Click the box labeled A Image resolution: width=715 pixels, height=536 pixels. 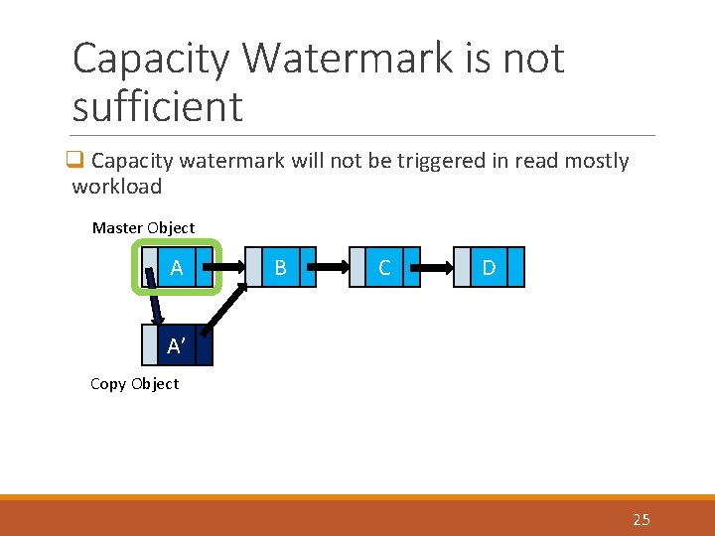[x=177, y=268]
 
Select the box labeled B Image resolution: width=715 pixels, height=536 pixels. [x=281, y=268]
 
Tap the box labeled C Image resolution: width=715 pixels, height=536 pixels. [x=384, y=268]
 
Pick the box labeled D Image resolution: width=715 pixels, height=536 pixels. [x=489, y=268]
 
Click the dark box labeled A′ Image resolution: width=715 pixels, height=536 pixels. [x=177, y=346]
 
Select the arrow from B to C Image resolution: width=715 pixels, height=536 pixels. [x=333, y=267]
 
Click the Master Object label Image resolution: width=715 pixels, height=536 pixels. [x=143, y=227]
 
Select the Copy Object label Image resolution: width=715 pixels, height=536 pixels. [x=134, y=384]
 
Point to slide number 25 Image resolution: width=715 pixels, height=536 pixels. [x=641, y=519]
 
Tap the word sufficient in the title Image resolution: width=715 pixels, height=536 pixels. [x=157, y=106]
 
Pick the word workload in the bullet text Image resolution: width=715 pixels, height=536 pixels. [x=116, y=187]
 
